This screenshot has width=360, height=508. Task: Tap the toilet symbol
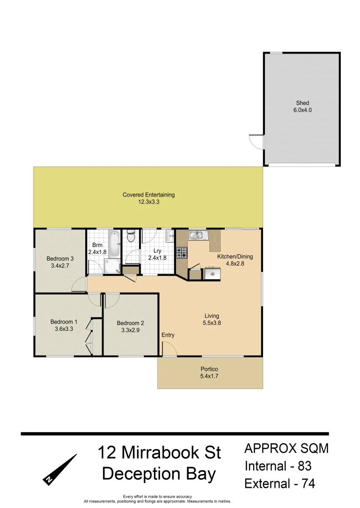(131, 235)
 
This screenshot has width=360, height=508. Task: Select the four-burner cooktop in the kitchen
(182, 253)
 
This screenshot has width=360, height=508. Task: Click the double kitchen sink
(197, 235)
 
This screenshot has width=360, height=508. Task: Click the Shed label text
(303, 103)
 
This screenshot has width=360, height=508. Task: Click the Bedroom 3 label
(60, 258)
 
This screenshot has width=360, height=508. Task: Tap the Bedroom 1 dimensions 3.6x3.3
(64, 329)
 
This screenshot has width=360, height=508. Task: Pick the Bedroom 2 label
(130, 323)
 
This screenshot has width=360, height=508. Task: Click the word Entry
(168, 335)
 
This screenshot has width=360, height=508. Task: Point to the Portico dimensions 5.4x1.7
(210, 376)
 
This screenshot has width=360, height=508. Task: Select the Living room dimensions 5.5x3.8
(212, 323)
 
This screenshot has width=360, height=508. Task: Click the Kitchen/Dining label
(235, 257)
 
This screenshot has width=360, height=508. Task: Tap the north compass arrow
(61, 468)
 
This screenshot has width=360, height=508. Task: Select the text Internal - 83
(278, 466)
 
